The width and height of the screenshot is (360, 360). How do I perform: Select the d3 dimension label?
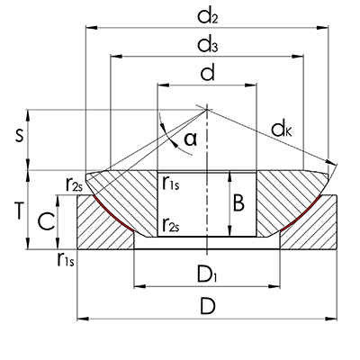[x=208, y=43]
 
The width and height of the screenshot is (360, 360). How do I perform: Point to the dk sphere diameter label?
[x=282, y=130]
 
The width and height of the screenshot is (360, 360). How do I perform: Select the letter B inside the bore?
[x=238, y=204]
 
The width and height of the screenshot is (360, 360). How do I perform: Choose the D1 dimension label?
[x=208, y=272]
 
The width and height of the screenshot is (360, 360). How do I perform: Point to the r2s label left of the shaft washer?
[x=76, y=184]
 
